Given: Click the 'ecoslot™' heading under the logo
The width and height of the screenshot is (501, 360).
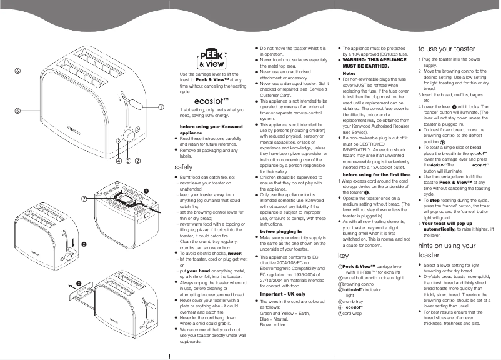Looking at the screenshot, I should click(x=211, y=101).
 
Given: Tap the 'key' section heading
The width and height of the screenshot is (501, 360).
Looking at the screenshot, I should click(x=342, y=256).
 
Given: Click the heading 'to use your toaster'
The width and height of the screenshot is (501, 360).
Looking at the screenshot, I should click(x=447, y=49).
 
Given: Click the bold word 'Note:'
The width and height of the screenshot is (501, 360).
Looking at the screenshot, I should click(x=349, y=73).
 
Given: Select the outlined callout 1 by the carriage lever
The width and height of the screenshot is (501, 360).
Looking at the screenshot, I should click(x=162, y=107).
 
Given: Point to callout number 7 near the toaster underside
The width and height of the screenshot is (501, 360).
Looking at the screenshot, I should click(x=84, y=198).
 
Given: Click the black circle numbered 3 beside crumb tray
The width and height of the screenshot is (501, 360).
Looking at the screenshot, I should click(x=79, y=284).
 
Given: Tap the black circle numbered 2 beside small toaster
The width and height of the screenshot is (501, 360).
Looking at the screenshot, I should click(x=84, y=243).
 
